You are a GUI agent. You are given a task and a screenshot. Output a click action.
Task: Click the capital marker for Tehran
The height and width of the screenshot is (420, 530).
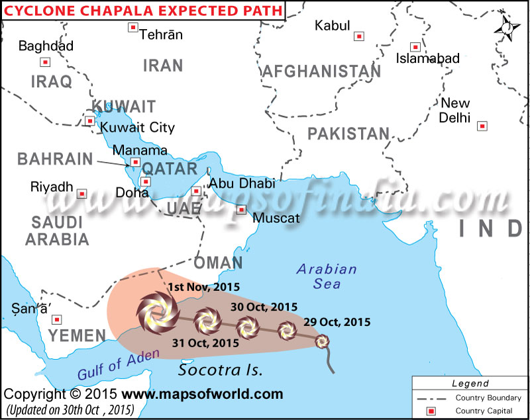(x=132, y=28)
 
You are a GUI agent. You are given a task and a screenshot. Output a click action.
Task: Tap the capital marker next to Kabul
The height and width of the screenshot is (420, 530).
(x=359, y=36)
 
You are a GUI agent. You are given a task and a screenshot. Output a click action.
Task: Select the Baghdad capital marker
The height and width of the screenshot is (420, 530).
(x=45, y=62)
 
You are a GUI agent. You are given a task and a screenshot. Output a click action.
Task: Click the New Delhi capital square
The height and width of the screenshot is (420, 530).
(x=482, y=126)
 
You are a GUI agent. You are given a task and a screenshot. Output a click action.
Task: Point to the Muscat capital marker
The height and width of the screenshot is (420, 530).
(x=242, y=210)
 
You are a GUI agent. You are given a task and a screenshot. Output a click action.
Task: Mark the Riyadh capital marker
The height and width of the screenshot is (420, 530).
(x=81, y=194)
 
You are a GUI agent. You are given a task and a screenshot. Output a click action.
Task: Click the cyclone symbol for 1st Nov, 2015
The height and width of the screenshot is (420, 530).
(x=158, y=311)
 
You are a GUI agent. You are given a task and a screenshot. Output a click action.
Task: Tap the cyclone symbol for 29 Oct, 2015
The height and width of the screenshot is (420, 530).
(x=321, y=341)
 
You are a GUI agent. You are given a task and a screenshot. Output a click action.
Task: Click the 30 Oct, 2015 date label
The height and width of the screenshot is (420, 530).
(x=264, y=307)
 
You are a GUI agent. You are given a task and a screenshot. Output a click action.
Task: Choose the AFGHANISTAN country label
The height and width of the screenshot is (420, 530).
(x=321, y=71)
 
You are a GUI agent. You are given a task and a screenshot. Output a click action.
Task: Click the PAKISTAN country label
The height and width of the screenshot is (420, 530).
(x=348, y=134)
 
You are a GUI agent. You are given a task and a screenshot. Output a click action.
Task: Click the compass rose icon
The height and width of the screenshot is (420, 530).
(x=507, y=27)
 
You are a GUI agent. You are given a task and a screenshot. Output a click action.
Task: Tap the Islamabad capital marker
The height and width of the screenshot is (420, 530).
(x=415, y=47)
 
